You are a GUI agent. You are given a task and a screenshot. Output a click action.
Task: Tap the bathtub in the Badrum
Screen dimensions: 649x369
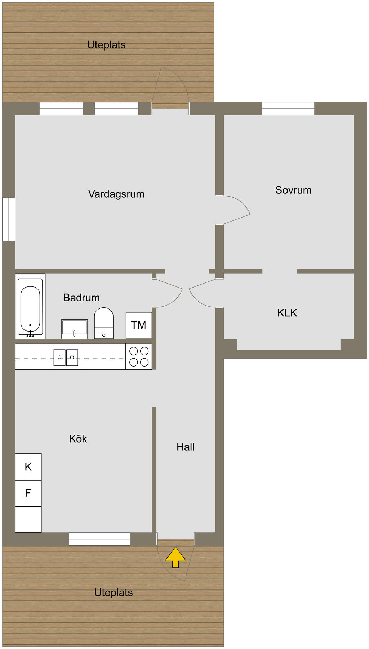[x=30, y=306]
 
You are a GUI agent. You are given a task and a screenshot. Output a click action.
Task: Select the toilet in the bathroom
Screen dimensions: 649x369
[x=104, y=323]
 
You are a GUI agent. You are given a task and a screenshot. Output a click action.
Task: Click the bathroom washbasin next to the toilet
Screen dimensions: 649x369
[x=74, y=329]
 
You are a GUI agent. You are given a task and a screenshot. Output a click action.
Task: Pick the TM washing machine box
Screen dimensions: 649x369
[x=139, y=325]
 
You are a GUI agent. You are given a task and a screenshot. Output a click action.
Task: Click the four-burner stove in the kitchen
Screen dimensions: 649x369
[x=139, y=356]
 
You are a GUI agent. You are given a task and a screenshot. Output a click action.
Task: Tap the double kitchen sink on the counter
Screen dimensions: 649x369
[x=66, y=357]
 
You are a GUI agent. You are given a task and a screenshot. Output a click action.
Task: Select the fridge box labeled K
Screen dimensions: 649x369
[x=28, y=467]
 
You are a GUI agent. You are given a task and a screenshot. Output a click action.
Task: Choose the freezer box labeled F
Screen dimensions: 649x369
[x=28, y=493]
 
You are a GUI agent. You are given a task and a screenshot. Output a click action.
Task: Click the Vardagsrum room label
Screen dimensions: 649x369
[x=116, y=194]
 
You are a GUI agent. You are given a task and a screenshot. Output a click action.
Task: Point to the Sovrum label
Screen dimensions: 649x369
[x=293, y=190]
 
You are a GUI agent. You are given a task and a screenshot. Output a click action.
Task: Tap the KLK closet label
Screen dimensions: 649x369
[x=287, y=313]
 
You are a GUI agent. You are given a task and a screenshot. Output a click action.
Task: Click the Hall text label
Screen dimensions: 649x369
[x=186, y=447]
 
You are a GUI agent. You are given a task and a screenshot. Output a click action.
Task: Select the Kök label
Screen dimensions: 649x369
[x=78, y=439]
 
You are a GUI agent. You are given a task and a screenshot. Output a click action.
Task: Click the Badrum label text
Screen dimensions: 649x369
[x=81, y=298]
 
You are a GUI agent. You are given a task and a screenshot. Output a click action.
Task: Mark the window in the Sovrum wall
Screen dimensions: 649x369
[x=288, y=109]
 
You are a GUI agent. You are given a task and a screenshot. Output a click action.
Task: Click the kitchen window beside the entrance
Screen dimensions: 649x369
[x=99, y=539]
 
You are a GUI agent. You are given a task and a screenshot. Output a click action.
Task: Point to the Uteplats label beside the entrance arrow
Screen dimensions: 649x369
[x=114, y=592]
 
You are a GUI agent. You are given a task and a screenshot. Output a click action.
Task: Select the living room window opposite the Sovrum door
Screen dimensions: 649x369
[x=9, y=219]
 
